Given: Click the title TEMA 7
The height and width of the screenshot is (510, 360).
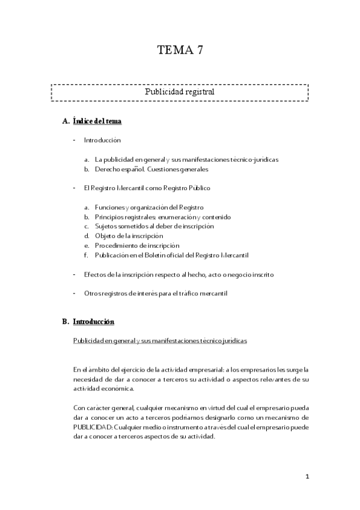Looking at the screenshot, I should click(x=180, y=51).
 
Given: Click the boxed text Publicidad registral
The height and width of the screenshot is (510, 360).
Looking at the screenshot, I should click(x=180, y=93).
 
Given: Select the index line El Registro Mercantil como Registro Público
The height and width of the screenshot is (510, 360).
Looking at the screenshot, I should click(x=147, y=188).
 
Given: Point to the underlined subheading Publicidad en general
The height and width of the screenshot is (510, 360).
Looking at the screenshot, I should click(x=160, y=340).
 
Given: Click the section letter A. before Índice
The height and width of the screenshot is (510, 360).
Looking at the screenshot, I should click(x=66, y=121).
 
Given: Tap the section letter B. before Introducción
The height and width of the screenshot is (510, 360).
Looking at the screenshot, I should click(x=66, y=322).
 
